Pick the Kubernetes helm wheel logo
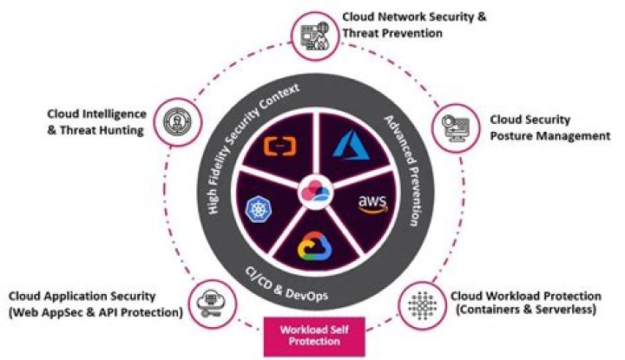pyautogui.click(x=259, y=206)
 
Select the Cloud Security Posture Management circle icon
pyautogui.click(x=457, y=127)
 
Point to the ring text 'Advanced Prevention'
pyautogui.click(x=404, y=169)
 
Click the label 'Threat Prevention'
pyautogui.click(x=392, y=34)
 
